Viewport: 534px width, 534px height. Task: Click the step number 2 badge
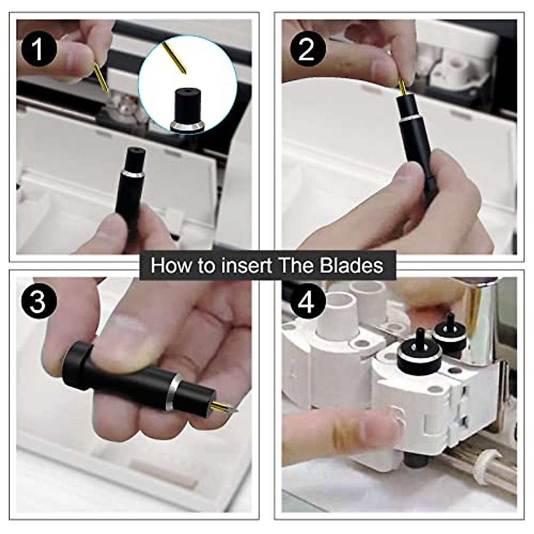(x=307, y=49)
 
